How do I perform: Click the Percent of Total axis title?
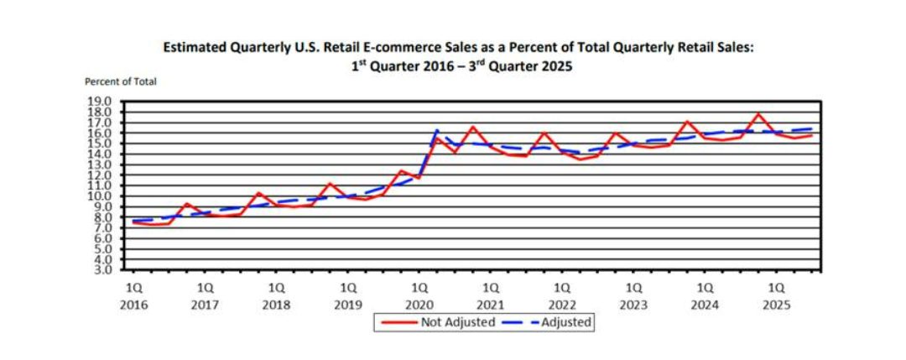(121, 81)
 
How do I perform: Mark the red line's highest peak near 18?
(759, 113)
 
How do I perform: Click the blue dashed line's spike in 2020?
(437, 130)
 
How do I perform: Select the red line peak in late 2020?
(473, 127)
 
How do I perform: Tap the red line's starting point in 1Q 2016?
(133, 222)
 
